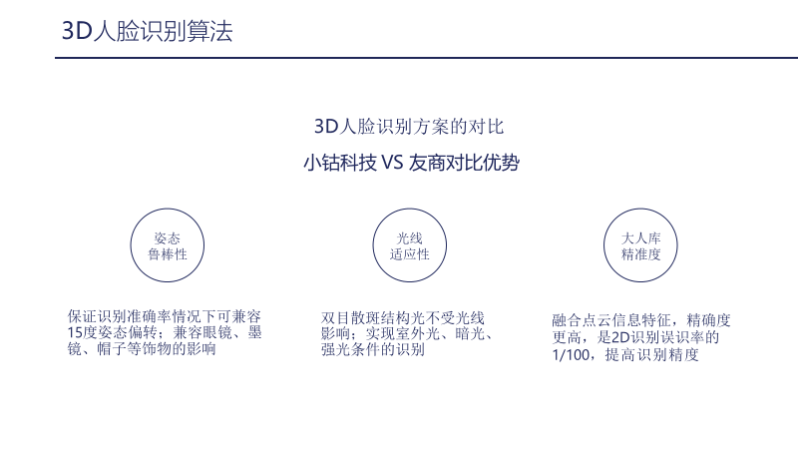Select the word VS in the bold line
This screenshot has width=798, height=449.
coord(391,163)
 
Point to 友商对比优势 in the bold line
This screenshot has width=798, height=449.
coord(463,163)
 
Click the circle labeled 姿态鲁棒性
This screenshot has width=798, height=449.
coord(167,245)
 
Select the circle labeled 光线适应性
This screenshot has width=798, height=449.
coord(409,245)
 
